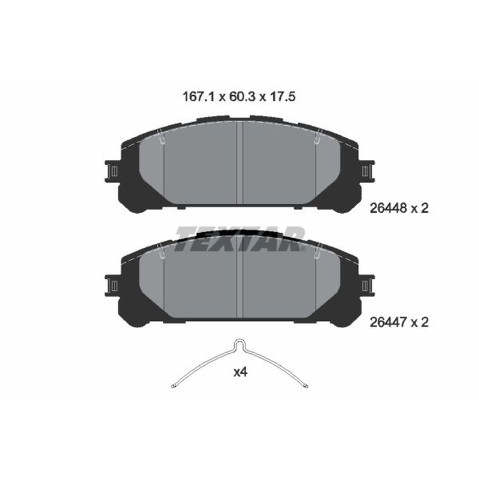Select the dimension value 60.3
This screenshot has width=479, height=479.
point(241,97)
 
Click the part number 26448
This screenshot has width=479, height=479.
point(388,208)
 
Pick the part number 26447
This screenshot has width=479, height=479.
point(388,322)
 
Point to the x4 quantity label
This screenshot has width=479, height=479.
point(240,372)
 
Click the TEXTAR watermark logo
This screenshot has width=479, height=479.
point(240,238)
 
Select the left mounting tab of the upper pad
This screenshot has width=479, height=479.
point(111,171)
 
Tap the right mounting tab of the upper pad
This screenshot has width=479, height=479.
point(368,171)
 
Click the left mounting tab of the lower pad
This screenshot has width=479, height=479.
point(111,286)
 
